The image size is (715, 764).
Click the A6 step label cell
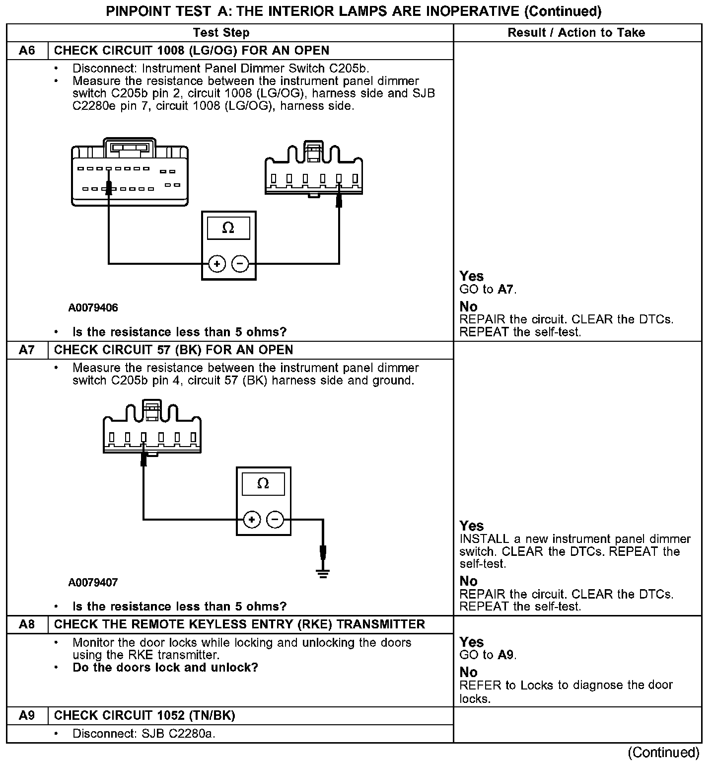tap(27, 51)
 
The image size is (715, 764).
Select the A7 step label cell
tap(27, 350)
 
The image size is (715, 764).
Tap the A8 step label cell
tap(27, 624)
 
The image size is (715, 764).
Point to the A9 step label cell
tap(27, 715)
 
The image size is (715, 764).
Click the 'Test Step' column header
tap(221, 33)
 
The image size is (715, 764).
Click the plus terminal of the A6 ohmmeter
tap(217, 264)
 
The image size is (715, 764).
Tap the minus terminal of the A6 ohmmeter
tap(240, 264)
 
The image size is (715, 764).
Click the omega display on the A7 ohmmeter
tap(263, 483)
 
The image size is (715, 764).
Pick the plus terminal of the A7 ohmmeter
tap(252, 520)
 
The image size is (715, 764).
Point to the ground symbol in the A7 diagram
tap(323, 573)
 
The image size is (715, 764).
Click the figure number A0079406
tap(93, 308)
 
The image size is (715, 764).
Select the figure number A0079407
tap(93, 582)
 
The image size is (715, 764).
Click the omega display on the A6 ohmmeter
tap(228, 228)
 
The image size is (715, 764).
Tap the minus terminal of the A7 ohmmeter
tap(275, 520)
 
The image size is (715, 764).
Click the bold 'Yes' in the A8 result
tap(471, 642)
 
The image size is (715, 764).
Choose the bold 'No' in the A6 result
tap(468, 306)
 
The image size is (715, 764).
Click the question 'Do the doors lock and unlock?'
tap(165, 667)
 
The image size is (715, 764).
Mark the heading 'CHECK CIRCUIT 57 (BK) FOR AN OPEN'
tap(173, 350)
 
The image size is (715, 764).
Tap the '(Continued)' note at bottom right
tap(663, 753)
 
